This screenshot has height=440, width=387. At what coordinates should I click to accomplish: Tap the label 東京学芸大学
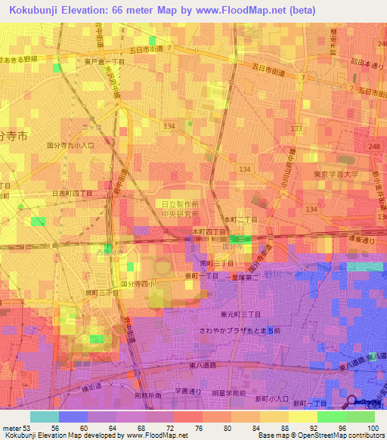[336, 174]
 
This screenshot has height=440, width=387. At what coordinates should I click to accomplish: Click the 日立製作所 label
[181, 204]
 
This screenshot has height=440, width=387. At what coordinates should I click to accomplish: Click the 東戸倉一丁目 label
[84, 62]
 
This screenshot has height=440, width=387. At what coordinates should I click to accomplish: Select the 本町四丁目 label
[209, 231]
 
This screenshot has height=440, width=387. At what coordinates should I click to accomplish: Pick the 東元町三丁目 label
[240, 314]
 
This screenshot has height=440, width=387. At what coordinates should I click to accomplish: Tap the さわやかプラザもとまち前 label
[240, 330]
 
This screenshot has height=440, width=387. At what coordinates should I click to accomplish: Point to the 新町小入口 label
[272, 398]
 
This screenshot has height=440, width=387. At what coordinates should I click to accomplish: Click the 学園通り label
[189, 392]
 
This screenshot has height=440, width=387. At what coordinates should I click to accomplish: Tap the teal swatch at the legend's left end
[44, 417]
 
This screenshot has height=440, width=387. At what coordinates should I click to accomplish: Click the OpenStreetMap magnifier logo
[352, 402]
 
